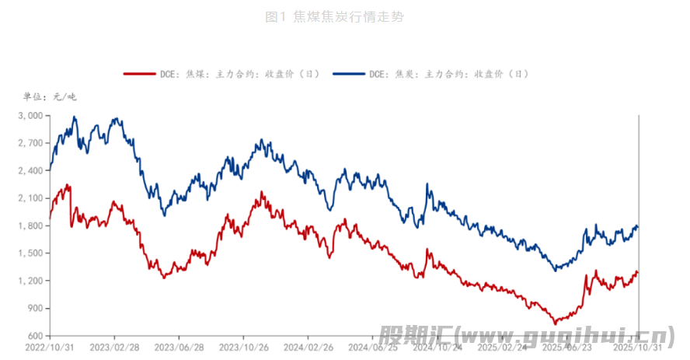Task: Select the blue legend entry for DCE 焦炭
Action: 430,75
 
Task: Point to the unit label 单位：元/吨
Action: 50,97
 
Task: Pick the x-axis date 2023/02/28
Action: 114,348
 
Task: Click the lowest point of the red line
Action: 555,323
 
